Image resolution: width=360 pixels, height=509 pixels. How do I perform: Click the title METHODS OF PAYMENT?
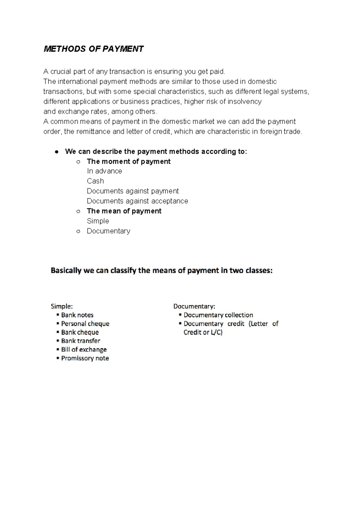pyautogui.click(x=94, y=49)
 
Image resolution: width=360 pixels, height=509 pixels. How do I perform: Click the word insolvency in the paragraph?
pyautogui.click(x=244, y=101)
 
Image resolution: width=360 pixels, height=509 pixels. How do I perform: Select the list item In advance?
pyautogui.click(x=104, y=171)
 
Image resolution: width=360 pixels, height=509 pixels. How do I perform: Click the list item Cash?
pyautogui.click(x=95, y=181)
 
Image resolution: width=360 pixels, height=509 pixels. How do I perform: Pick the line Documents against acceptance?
pyautogui.click(x=137, y=201)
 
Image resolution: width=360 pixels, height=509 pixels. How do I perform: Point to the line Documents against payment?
pyautogui.click(x=133, y=191)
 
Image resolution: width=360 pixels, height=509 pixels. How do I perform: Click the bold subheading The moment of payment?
pyautogui.click(x=128, y=161)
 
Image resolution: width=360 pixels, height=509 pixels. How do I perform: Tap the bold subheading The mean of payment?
pyautogui.click(x=124, y=211)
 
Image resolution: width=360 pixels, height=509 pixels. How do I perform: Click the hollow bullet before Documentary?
pyautogui.click(x=78, y=231)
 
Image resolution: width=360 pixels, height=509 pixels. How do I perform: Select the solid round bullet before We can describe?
pyautogui.click(x=56, y=152)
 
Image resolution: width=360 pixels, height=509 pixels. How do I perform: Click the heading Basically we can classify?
pyautogui.click(x=161, y=271)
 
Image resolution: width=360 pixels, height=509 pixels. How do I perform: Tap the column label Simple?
pyautogui.click(x=61, y=306)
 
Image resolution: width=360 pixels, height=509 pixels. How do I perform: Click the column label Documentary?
pyautogui.click(x=194, y=306)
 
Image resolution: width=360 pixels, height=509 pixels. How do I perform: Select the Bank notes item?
pyautogui.click(x=77, y=315)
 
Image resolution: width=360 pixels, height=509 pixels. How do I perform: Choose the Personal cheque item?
pyautogui.click(x=85, y=324)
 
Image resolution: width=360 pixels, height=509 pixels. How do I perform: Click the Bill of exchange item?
pyautogui.click(x=84, y=349)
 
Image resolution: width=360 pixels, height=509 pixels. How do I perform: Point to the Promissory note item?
pyautogui.click(x=85, y=358)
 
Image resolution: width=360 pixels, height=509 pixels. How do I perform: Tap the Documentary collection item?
pyautogui.click(x=218, y=315)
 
